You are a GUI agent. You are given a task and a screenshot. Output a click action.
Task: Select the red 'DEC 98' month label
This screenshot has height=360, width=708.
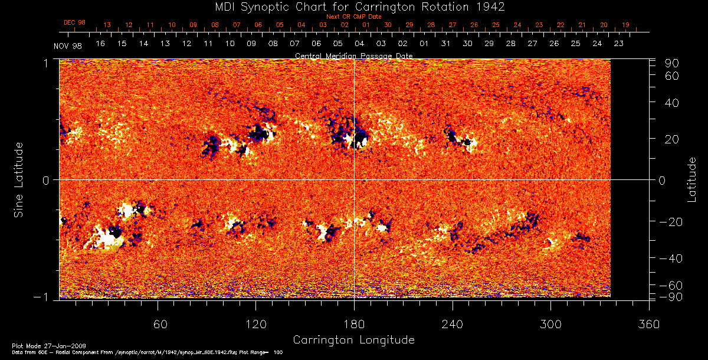click(x=74, y=22)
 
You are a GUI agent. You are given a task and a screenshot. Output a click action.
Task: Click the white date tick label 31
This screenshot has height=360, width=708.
click(x=445, y=44)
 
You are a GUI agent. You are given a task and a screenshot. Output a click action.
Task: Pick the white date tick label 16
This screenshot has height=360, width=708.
click(x=100, y=44)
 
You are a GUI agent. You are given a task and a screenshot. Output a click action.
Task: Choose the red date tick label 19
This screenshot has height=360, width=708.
click(x=625, y=25)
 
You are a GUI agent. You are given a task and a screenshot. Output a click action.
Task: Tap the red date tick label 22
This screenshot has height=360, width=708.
click(x=560, y=25)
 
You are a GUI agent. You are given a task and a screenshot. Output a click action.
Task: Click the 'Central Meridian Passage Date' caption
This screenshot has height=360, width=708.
click(x=353, y=55)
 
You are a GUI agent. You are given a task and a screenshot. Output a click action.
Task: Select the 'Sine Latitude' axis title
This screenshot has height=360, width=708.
click(x=19, y=179)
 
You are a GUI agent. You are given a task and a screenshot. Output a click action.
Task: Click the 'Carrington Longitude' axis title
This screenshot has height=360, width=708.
click(x=353, y=340)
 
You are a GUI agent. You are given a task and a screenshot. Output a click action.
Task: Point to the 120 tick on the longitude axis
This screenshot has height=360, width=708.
click(x=255, y=325)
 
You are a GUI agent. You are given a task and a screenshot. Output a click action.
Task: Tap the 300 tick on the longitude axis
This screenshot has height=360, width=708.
click(x=550, y=325)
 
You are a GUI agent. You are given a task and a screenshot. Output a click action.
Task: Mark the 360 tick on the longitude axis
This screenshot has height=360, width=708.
click(x=648, y=325)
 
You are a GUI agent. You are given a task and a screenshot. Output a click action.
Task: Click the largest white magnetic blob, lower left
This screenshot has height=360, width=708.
click(x=105, y=237)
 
